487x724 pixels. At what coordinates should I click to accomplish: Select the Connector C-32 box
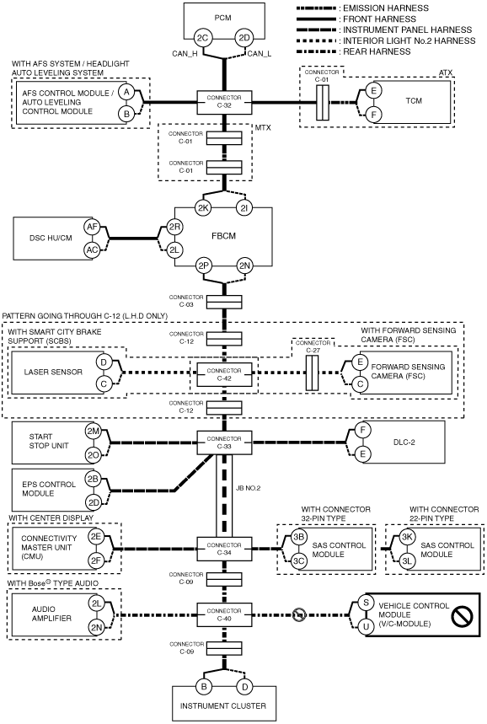tap(224, 102)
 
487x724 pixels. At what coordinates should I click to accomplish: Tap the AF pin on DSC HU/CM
tap(92, 227)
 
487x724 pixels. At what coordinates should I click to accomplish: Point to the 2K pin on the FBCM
tap(203, 208)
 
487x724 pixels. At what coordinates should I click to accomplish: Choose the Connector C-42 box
tap(224, 374)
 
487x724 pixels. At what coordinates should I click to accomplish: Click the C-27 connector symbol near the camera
tap(312, 373)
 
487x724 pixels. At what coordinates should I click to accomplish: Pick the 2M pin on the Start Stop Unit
tap(93, 432)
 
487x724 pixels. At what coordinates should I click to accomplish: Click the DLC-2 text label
tap(404, 442)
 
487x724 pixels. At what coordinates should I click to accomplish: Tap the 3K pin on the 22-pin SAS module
tap(407, 537)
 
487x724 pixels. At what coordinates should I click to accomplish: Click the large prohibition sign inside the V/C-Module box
tap(462, 615)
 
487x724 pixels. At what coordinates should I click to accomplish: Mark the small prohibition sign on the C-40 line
tap(298, 614)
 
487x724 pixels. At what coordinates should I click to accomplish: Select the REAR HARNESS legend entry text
tap(377, 51)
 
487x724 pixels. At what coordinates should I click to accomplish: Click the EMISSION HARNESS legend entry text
tap(386, 8)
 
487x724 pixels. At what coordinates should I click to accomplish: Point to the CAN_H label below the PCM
tap(185, 54)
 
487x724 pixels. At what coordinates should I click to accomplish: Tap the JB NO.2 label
tap(248, 488)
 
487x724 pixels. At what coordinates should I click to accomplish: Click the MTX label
tap(263, 128)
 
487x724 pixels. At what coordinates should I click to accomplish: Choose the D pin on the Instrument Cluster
tap(244, 687)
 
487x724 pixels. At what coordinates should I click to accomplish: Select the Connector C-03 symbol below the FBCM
tap(224, 302)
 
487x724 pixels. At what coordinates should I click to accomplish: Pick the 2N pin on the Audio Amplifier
tap(96, 626)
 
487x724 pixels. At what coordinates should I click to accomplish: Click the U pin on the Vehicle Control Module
tap(366, 626)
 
